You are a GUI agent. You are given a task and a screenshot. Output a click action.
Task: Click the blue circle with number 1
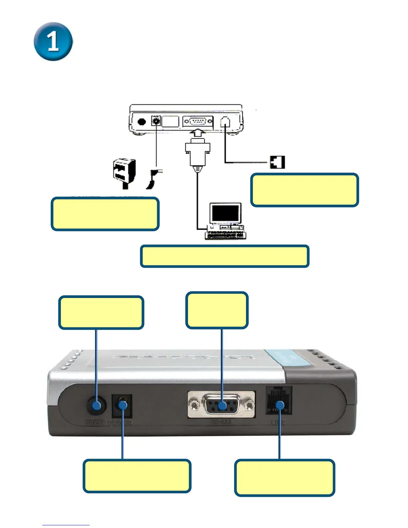53,42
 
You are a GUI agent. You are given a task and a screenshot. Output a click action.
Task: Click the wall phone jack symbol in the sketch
277,162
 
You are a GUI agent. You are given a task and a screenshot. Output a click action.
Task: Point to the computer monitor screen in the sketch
225,212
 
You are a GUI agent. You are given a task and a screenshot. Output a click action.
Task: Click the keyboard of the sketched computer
225,235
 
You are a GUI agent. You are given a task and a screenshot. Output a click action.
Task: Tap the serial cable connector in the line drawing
198,153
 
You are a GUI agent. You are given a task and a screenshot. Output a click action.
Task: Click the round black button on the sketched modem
142,121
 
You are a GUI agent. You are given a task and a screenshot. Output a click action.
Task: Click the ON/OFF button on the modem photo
96,406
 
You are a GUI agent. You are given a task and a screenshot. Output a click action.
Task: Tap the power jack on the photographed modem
122,405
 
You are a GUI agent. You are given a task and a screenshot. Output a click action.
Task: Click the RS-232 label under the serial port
221,422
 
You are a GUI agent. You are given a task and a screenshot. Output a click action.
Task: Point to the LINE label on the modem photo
278,422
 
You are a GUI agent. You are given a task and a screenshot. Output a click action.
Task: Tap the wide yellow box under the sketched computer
225,256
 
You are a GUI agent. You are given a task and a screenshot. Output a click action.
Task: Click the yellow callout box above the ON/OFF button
101,313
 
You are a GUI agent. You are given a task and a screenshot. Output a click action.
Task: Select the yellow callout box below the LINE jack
284,478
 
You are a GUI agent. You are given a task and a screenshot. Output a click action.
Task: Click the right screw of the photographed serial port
249,405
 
